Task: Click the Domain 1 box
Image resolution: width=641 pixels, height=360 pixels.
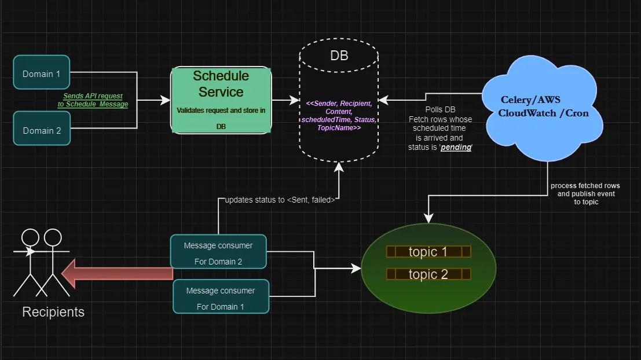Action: click(41, 72)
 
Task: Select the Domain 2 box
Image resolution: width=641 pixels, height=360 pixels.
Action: click(42, 128)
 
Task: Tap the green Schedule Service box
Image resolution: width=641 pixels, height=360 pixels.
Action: click(221, 100)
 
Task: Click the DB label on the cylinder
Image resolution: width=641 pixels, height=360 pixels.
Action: click(339, 56)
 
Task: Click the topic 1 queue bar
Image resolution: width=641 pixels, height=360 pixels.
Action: click(428, 252)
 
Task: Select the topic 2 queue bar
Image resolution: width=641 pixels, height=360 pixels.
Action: click(428, 274)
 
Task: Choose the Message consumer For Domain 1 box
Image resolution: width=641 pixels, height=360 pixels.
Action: click(221, 297)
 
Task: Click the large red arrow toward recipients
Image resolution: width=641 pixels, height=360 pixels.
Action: click(118, 274)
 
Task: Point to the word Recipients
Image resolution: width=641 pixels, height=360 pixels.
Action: click(53, 312)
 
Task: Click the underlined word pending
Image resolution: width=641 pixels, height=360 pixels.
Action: click(456, 147)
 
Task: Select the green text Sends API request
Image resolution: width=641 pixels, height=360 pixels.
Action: click(93, 96)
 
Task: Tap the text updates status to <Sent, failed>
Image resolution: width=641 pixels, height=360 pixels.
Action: click(280, 200)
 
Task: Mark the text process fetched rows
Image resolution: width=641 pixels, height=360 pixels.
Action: click(585, 186)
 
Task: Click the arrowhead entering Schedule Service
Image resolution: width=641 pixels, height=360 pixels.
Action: click(166, 100)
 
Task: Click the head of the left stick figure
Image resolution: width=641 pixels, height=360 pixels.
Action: click(30, 237)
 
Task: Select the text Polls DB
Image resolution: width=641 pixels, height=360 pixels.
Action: click(440, 109)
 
